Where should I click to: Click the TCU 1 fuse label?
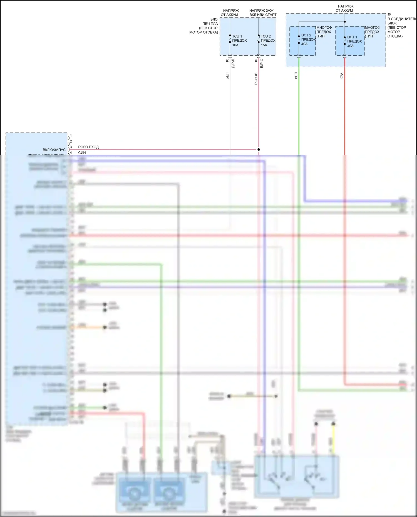[x=237, y=36]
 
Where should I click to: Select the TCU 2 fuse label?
[x=265, y=36]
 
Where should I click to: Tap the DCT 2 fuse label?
[x=306, y=35]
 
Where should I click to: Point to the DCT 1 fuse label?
[x=352, y=37]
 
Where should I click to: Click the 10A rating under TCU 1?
[x=235, y=45]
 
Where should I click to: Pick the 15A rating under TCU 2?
[x=264, y=45]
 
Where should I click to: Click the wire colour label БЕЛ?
[x=227, y=76]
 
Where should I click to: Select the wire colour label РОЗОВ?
[x=256, y=79]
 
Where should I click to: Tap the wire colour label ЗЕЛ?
[x=296, y=76]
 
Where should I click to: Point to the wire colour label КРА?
[x=342, y=76]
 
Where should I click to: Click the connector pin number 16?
[x=227, y=60]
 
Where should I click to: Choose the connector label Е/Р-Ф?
[x=262, y=63]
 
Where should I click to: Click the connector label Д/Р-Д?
[x=233, y=63]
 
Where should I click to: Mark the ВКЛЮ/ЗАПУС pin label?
[x=54, y=150]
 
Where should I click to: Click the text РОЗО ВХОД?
[x=88, y=147]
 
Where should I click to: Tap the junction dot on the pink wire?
[x=259, y=149]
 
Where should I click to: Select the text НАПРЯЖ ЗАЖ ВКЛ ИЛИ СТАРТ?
[x=262, y=13]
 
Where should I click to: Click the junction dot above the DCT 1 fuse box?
[x=345, y=22]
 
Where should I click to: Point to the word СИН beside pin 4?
[x=82, y=153]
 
